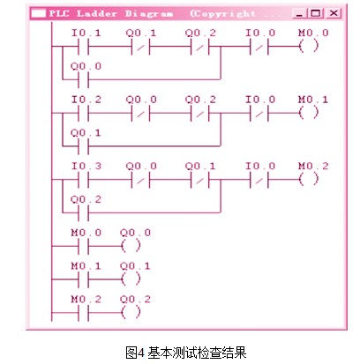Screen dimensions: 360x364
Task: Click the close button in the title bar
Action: (x=334, y=13)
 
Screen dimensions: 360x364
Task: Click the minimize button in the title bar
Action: (x=300, y=13)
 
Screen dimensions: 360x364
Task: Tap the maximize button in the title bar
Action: (x=316, y=13)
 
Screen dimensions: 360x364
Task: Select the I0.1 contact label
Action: (x=86, y=33)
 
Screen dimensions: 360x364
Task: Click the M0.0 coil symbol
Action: (x=309, y=46)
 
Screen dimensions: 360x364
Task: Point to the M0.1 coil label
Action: (x=313, y=100)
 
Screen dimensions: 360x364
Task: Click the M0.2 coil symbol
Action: (x=309, y=179)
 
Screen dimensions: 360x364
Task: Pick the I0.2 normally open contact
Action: (x=84, y=113)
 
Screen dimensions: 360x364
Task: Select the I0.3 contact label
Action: (x=86, y=166)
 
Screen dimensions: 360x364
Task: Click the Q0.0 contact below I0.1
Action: (x=84, y=79)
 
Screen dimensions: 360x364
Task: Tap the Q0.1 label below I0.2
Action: (x=86, y=133)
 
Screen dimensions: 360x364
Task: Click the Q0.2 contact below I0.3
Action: (x=84, y=212)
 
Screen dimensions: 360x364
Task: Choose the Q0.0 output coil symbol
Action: (x=131, y=246)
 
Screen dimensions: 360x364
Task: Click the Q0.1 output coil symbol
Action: (x=131, y=279)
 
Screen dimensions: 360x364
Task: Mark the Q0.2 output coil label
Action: (x=135, y=300)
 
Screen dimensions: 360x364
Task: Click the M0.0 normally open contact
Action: (x=84, y=246)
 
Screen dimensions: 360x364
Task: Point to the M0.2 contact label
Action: (x=86, y=300)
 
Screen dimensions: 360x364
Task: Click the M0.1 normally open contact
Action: (x=84, y=279)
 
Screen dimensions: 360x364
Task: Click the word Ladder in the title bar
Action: (x=97, y=13)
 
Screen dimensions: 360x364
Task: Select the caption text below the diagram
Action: (x=186, y=353)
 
